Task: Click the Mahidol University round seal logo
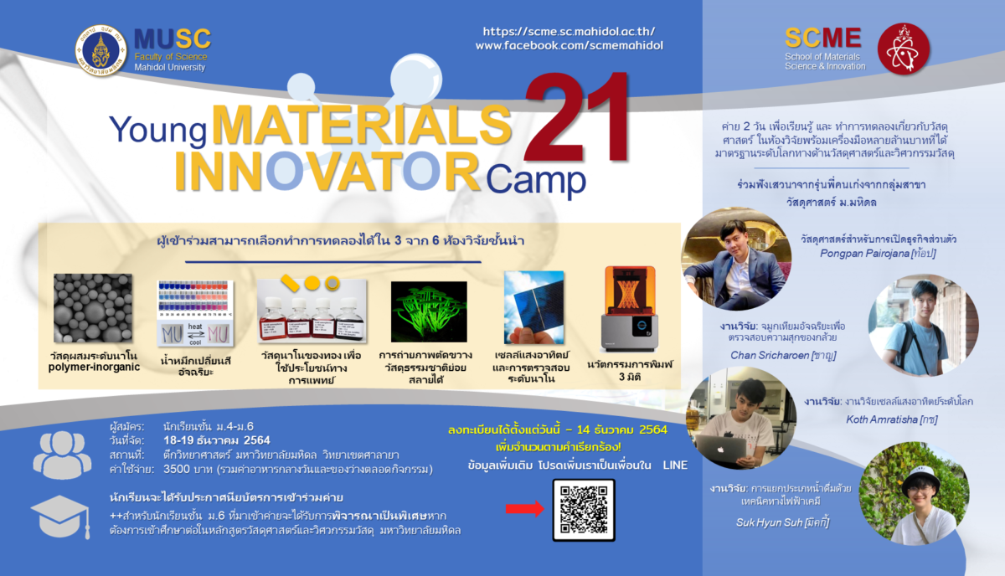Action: (101, 50)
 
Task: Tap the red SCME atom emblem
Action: (903, 49)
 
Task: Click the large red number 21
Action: (577, 116)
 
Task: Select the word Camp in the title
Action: (536, 180)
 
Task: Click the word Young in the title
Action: (157, 131)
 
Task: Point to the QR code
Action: (584, 510)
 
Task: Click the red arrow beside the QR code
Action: (525, 509)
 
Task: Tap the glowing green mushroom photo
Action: (429, 311)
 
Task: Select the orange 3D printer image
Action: (630, 309)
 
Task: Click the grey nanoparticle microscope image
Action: (93, 308)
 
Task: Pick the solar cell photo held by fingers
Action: (534, 308)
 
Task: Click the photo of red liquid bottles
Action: (312, 311)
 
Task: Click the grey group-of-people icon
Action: (62, 455)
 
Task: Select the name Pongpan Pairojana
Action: (864, 254)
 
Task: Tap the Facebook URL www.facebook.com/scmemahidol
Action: (569, 45)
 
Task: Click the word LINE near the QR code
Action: (675, 465)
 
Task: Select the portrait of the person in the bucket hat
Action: (915, 493)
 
